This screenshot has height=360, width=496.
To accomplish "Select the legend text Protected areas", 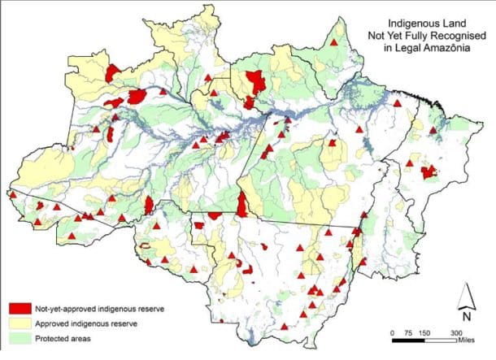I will [62, 338].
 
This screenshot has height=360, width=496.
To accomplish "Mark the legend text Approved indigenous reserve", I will [85, 323].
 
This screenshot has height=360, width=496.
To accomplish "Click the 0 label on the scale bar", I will [393, 333].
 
